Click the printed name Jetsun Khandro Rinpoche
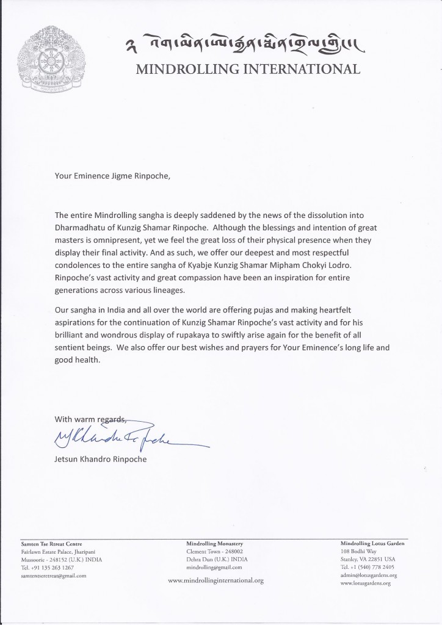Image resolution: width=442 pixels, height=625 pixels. (101, 460)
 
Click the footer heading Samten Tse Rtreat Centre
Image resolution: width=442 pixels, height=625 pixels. (51, 543)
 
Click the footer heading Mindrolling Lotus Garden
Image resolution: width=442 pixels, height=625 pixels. (372, 543)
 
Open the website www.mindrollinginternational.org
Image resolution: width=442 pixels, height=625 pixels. (216, 580)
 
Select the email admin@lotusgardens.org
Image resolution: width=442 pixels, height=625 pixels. (369, 575)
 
